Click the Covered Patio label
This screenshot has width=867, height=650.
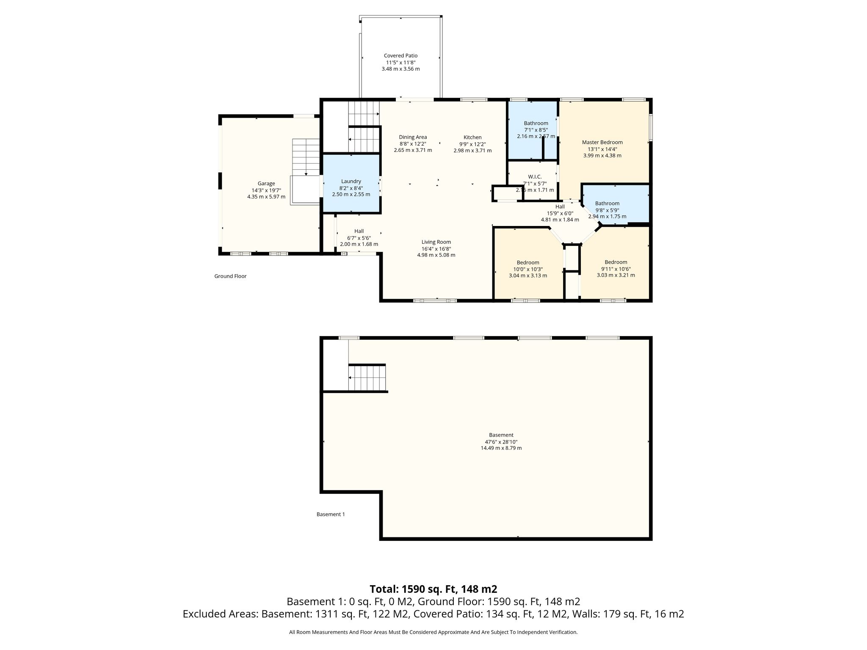click(400, 55)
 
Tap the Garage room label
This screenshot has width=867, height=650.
click(266, 183)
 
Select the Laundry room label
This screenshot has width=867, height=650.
click(351, 181)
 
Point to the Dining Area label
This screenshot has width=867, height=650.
click(413, 137)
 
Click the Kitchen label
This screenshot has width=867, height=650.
click(472, 137)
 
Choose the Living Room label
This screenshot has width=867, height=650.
click(436, 242)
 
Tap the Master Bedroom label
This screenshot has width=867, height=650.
click(602, 142)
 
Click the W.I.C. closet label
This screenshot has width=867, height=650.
click(535, 176)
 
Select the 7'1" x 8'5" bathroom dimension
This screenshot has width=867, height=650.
click(536, 130)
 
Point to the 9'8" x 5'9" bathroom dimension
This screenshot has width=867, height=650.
click(607, 210)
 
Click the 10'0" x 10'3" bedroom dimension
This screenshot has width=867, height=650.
click(528, 269)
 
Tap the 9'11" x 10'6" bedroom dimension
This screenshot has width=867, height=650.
click(616, 268)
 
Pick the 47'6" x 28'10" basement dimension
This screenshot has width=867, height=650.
click(501, 441)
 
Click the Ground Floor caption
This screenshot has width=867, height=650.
click(230, 276)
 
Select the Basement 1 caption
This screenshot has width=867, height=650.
click(331, 514)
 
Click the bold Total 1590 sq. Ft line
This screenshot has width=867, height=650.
click(433, 589)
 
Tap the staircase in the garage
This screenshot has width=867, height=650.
click(306, 157)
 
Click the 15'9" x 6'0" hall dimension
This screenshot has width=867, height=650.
click(560, 213)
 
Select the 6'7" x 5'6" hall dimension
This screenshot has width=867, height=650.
click(359, 238)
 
